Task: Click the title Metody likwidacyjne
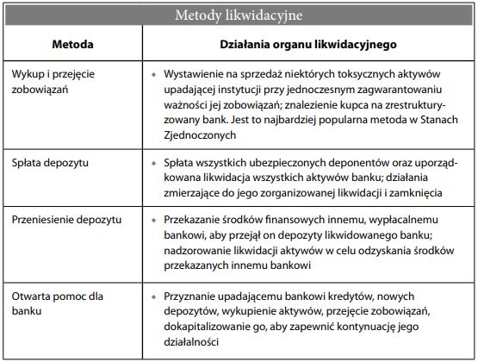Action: point(239,15)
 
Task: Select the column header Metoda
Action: point(72,42)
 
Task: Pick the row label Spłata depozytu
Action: point(50,162)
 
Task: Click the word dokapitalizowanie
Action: point(210,327)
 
